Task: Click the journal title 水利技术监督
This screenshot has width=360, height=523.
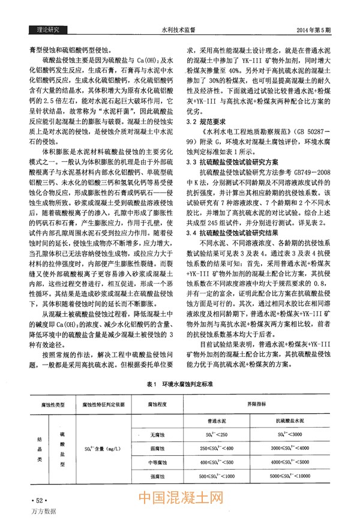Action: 181,29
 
